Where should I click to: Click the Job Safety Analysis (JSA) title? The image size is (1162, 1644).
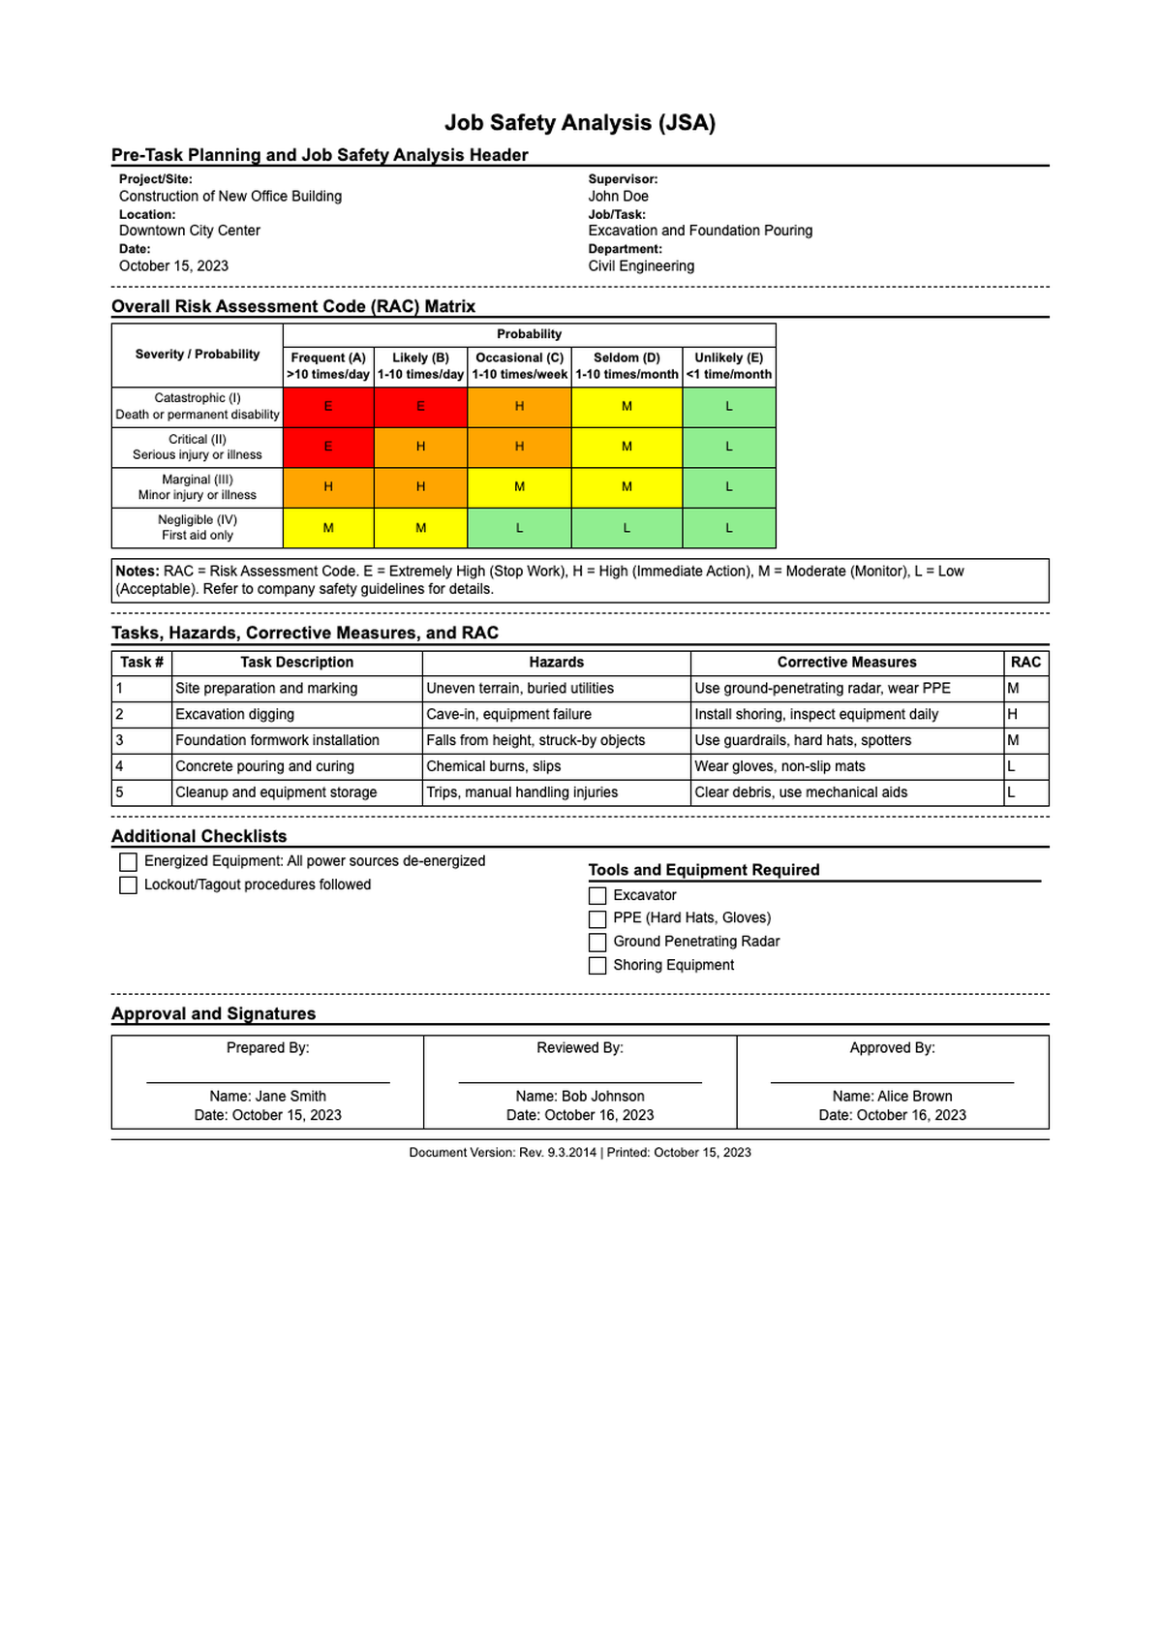click(580, 123)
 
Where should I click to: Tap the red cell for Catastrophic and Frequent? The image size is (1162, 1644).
click(328, 407)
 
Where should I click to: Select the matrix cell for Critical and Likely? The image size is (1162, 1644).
click(420, 448)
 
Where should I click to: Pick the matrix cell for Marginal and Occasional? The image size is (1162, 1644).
click(519, 487)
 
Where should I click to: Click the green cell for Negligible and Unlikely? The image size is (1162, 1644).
click(729, 528)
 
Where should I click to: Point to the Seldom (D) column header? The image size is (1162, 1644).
click(627, 366)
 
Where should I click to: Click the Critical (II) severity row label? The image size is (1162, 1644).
click(198, 448)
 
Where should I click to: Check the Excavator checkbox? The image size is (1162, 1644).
click(597, 896)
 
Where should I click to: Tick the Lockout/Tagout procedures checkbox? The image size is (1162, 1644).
click(128, 885)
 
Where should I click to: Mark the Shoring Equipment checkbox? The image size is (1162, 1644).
click(597, 966)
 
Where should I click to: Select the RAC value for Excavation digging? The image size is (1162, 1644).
click(1013, 715)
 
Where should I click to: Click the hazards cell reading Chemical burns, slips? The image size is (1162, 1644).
click(494, 766)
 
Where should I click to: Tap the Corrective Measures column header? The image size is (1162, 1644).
click(846, 663)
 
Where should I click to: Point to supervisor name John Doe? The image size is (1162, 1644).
click(619, 197)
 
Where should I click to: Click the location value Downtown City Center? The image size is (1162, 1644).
click(190, 232)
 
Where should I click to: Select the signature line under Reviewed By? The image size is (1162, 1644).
click(580, 1081)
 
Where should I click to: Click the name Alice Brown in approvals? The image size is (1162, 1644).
click(892, 1097)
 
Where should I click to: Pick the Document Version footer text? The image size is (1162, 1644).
click(580, 1153)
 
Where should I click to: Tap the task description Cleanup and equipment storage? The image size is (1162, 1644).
click(276, 792)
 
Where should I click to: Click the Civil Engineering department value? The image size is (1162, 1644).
click(641, 266)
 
